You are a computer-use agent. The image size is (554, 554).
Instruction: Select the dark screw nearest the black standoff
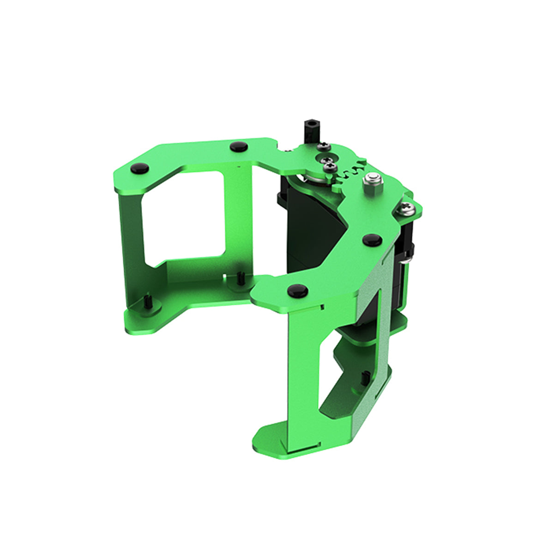(x=324, y=146)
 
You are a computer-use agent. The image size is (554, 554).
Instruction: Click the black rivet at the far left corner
(x=139, y=169)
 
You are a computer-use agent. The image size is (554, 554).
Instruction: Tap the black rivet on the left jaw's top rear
(x=238, y=147)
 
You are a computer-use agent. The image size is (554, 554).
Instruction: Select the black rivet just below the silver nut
(x=372, y=240)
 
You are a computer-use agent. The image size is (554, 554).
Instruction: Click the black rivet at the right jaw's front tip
(x=297, y=290)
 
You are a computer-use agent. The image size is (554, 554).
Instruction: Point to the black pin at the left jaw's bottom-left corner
(x=148, y=302)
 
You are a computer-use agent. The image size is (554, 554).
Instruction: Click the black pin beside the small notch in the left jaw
(x=241, y=277)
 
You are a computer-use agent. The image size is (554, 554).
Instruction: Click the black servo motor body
(x=314, y=240)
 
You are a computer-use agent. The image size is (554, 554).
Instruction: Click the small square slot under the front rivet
(x=323, y=306)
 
